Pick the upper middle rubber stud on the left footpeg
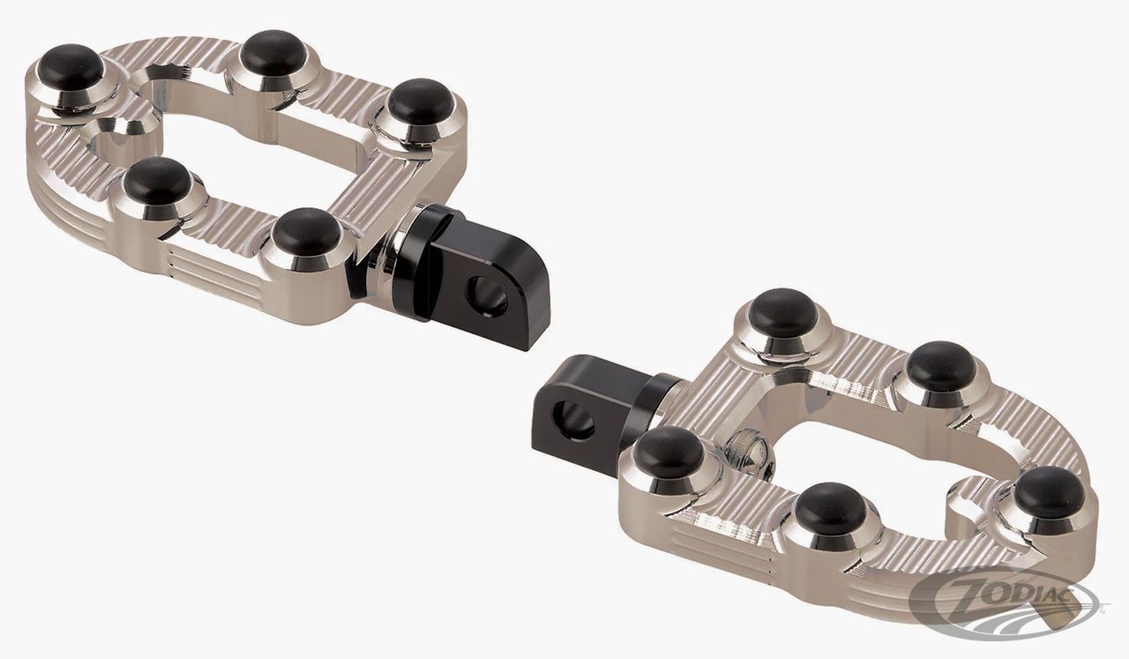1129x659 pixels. pos(273,52)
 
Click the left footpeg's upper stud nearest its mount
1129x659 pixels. pos(421,101)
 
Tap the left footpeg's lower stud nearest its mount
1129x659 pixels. pos(307,232)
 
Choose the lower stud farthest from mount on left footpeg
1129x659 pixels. pos(157,180)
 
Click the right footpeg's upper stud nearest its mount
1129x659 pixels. pos(784,312)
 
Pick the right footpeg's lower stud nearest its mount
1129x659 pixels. pos(669,452)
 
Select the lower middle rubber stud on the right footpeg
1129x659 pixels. pos(831,508)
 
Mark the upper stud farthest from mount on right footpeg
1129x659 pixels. pos(940,365)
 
